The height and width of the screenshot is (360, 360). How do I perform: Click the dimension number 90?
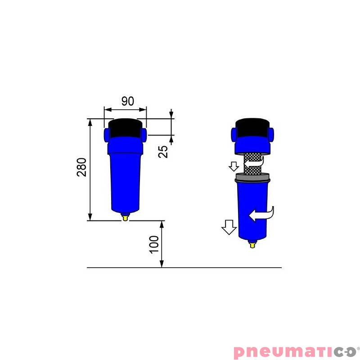coord(128,101)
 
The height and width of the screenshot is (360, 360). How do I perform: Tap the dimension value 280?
coord(81,167)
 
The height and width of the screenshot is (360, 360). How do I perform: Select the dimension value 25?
coord(164,151)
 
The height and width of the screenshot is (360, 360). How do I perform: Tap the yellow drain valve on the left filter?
coord(125,218)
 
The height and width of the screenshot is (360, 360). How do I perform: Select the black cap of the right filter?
coord(252,128)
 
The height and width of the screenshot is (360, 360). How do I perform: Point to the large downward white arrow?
coord(229,227)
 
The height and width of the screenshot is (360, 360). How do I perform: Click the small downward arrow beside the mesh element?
coord(233,166)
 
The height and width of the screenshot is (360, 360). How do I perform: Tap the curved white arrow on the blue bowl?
coord(262,214)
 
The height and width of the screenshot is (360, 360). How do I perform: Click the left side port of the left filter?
coord(107,134)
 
